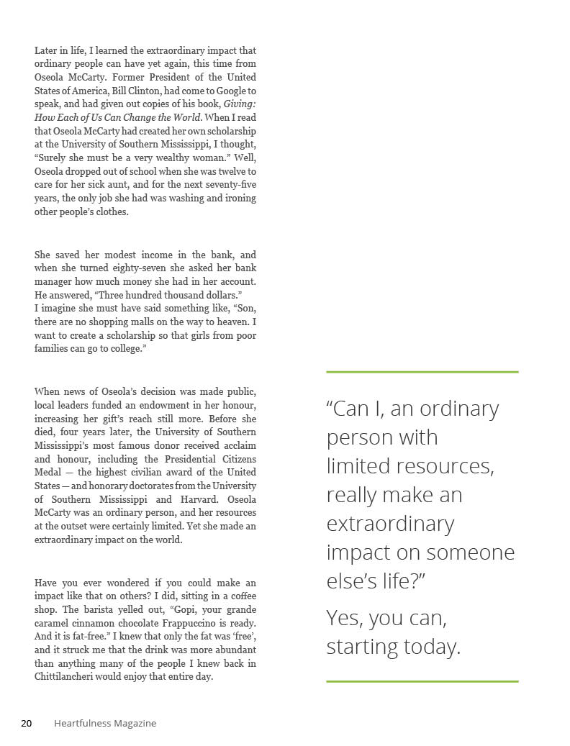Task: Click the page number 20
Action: (26, 723)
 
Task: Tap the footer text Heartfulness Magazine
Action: (105, 723)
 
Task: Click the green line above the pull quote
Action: (422, 372)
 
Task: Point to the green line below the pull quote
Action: (422, 681)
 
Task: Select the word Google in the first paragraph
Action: (228, 91)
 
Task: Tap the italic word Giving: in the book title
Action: (240, 104)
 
